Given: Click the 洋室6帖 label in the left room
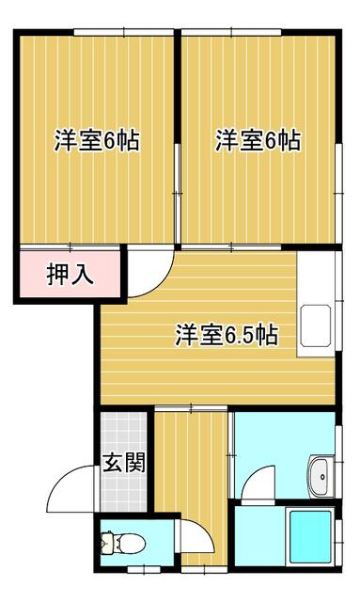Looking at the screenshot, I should (97, 141).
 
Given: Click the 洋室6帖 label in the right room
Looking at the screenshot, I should (258, 141).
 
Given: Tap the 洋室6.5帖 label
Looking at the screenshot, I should (226, 335).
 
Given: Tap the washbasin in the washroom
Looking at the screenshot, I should (321, 476).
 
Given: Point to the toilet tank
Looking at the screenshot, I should (106, 544).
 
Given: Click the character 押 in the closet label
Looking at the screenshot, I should (58, 276).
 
